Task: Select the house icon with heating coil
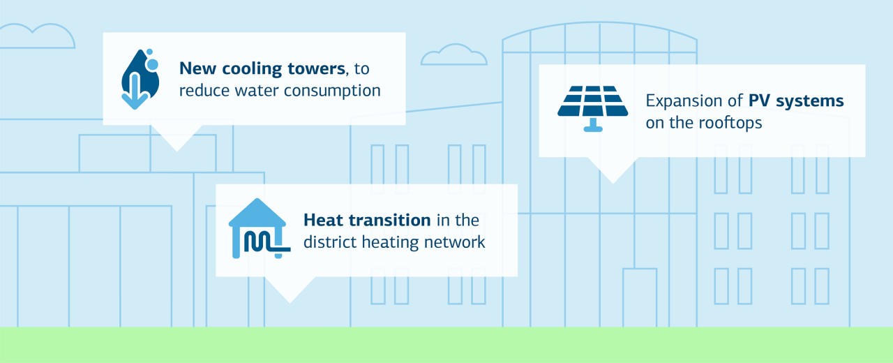pos(258,228)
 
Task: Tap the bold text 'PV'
pos(760,101)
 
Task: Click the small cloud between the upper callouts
pos(453,55)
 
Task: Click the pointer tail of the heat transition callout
pos(290,288)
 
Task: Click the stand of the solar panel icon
pos(593,125)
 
